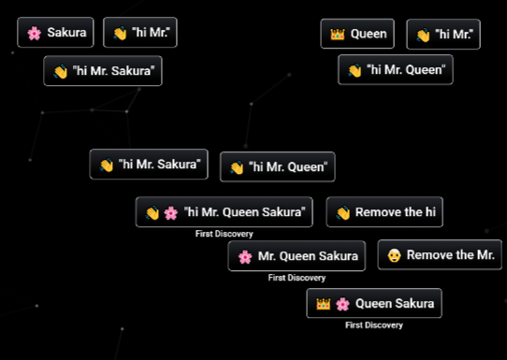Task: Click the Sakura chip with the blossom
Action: click(x=56, y=34)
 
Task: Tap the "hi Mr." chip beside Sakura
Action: click(x=140, y=34)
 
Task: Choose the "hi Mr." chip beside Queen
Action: click(x=443, y=35)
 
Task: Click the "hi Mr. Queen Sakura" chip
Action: click(x=224, y=212)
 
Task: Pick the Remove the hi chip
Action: click(x=384, y=212)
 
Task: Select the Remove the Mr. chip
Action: click(x=439, y=255)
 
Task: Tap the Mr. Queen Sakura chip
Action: click(x=297, y=256)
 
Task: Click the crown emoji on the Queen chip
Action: click(x=338, y=35)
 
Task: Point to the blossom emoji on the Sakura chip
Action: click(x=35, y=34)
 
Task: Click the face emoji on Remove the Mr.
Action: click(x=394, y=255)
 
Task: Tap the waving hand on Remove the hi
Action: click(x=342, y=212)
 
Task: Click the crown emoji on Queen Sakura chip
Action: click(x=324, y=304)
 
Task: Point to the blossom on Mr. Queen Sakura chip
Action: click(x=245, y=256)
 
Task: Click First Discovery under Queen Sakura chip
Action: click(x=373, y=325)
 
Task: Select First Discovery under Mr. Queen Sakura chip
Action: click(x=297, y=278)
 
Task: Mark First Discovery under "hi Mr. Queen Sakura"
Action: click(x=224, y=234)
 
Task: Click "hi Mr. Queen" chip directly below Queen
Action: click(x=396, y=70)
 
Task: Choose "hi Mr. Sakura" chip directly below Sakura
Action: click(x=103, y=71)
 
